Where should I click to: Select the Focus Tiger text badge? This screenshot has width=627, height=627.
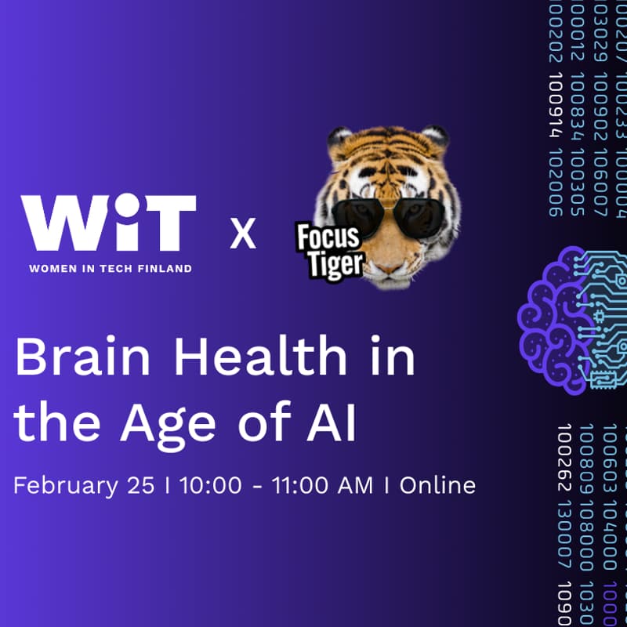(x=328, y=251)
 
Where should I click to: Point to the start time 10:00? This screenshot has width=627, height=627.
(x=211, y=485)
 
